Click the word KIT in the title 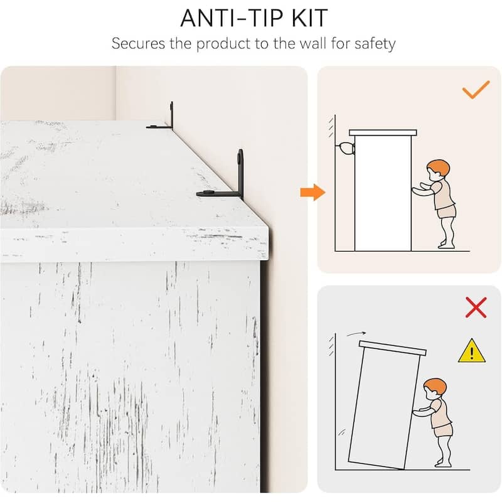coord(309,18)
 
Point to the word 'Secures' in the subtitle coord(138,43)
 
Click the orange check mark coord(476,89)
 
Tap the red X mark coord(476,307)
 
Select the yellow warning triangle coord(472,351)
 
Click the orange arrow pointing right coord(312,193)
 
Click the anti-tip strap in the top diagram coord(345,149)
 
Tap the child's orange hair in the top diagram coord(439,167)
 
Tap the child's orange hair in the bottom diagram coord(435,386)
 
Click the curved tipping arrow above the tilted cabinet coord(356,334)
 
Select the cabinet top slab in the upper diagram coord(383,132)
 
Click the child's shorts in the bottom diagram coord(444,429)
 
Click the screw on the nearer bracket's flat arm coord(209,193)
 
